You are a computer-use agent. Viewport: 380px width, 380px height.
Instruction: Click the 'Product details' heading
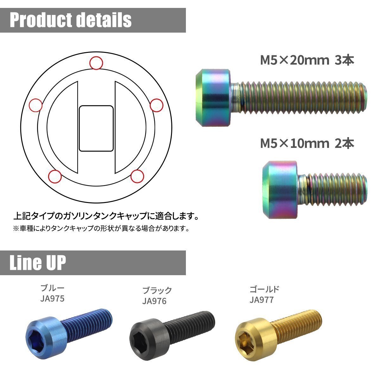pos(71,20)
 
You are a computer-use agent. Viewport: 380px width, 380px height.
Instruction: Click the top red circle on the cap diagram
pos(96,63)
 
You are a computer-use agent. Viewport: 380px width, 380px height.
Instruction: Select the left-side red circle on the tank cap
pos(36,105)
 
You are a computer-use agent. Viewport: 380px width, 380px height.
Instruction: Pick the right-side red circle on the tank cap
pos(156,105)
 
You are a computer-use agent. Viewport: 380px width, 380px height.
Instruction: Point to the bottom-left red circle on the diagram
pos(55,176)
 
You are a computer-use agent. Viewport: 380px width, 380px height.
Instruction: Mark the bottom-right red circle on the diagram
pos(137,176)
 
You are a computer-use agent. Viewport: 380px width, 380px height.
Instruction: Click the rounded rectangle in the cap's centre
pos(96,129)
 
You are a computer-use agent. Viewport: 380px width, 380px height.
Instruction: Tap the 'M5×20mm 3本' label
pos(307,60)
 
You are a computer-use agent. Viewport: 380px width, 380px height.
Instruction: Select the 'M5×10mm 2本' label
pos(307,143)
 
